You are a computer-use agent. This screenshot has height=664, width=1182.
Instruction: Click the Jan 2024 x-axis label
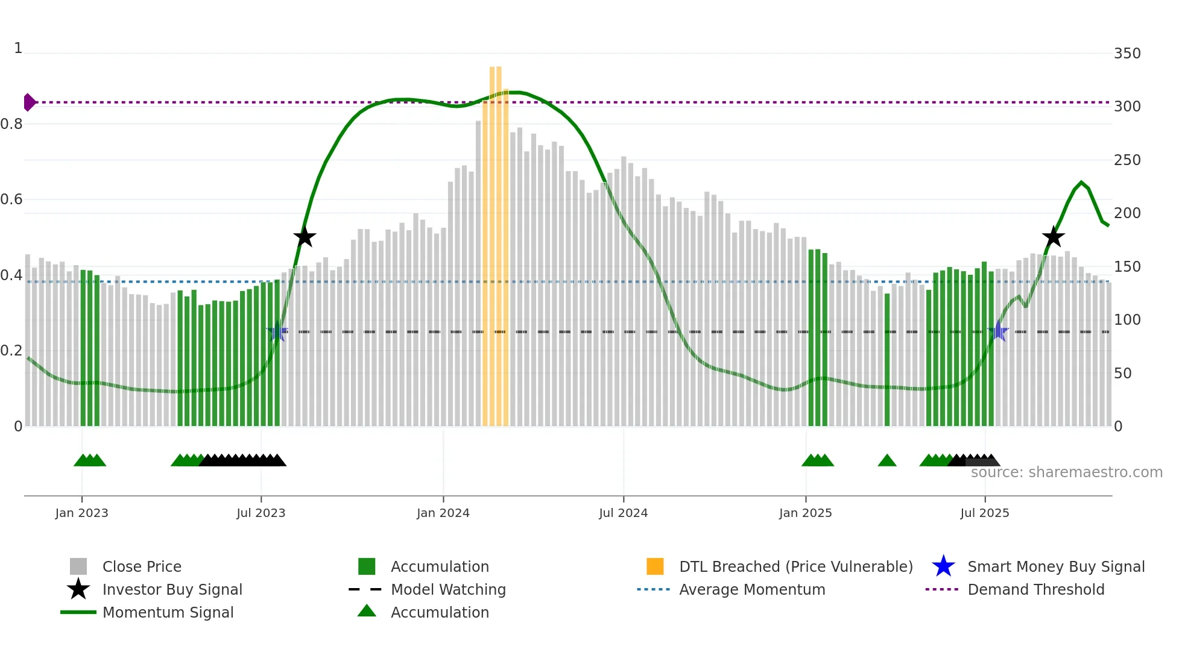(443, 513)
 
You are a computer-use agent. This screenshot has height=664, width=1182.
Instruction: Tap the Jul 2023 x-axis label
(261, 513)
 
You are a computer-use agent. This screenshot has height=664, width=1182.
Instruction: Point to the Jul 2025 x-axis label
(984, 513)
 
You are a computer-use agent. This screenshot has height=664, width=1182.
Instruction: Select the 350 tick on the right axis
(1127, 54)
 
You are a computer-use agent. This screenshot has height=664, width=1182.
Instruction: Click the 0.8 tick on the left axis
(11, 124)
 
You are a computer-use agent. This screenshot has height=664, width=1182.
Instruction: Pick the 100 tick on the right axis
(1127, 320)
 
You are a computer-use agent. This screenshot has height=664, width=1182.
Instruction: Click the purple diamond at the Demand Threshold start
(29, 102)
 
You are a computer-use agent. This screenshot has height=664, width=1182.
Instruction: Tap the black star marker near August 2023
(305, 237)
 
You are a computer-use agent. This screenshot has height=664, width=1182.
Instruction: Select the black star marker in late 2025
(1053, 237)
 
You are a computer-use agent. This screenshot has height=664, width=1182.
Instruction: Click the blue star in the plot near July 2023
(277, 331)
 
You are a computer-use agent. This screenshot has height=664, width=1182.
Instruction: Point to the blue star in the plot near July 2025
(998, 331)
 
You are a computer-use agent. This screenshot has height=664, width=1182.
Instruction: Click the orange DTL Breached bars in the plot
(495, 241)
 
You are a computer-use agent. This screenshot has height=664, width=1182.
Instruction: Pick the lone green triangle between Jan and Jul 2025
(886, 461)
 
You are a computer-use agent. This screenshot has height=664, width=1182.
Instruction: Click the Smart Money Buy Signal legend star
(943, 566)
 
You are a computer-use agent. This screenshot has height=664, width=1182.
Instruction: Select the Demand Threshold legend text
(1035, 589)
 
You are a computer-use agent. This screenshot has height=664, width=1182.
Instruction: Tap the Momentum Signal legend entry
(168, 612)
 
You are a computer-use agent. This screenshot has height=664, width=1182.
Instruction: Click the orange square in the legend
(655, 566)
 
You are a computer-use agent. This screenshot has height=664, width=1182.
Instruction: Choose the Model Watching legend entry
(448, 589)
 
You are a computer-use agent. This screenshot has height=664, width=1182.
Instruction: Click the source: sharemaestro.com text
(1066, 472)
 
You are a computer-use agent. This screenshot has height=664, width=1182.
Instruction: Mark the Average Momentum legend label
(752, 589)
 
